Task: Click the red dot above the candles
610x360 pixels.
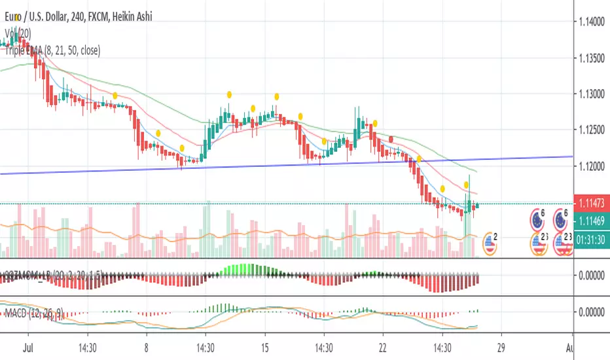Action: (391, 139)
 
